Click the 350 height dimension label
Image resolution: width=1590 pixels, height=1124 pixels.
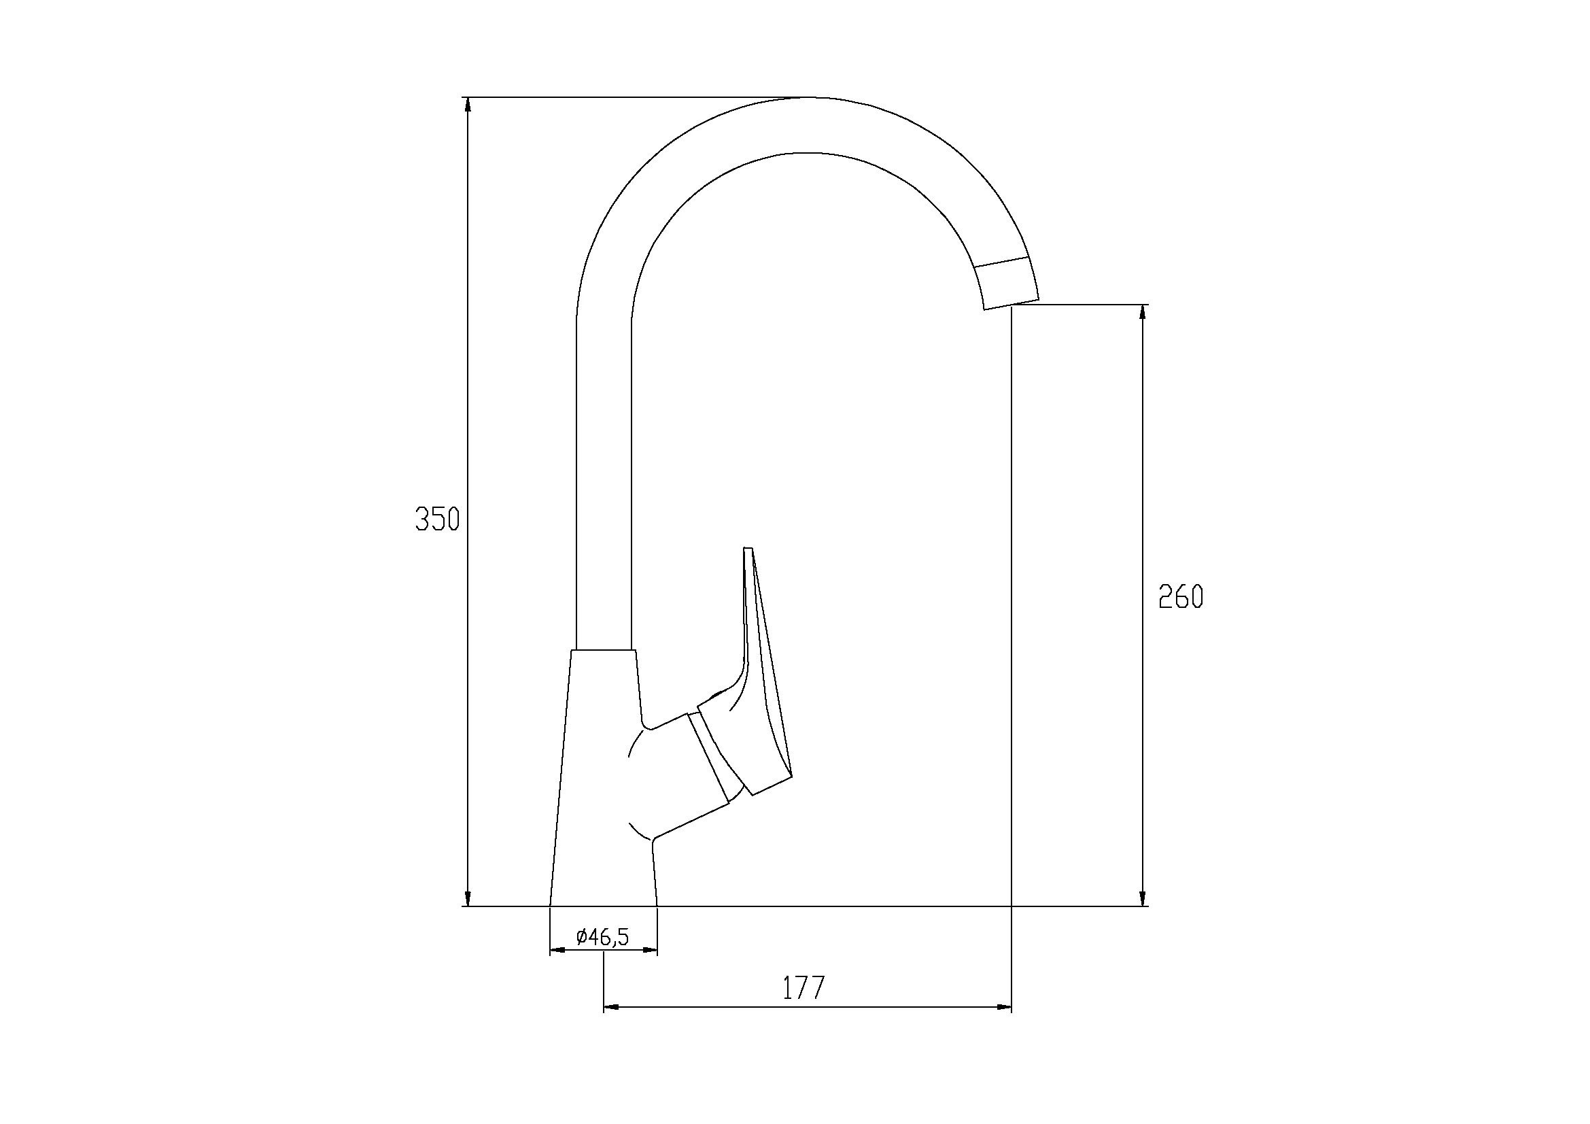point(438,520)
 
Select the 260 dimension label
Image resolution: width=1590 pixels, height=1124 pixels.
point(1181,596)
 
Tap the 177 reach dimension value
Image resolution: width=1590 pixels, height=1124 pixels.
point(805,988)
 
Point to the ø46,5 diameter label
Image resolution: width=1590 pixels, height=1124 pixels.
point(602,937)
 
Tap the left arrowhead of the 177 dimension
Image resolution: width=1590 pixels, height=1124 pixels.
point(612,1007)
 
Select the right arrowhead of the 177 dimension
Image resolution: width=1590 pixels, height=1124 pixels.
point(1003,1007)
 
